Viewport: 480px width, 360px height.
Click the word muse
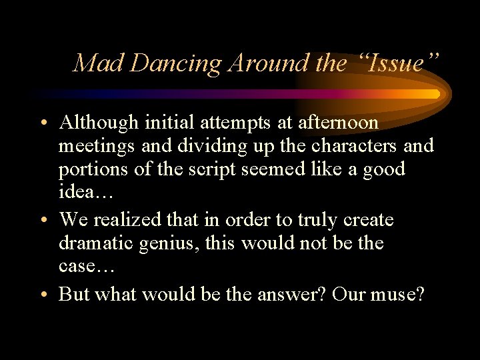point(396,295)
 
